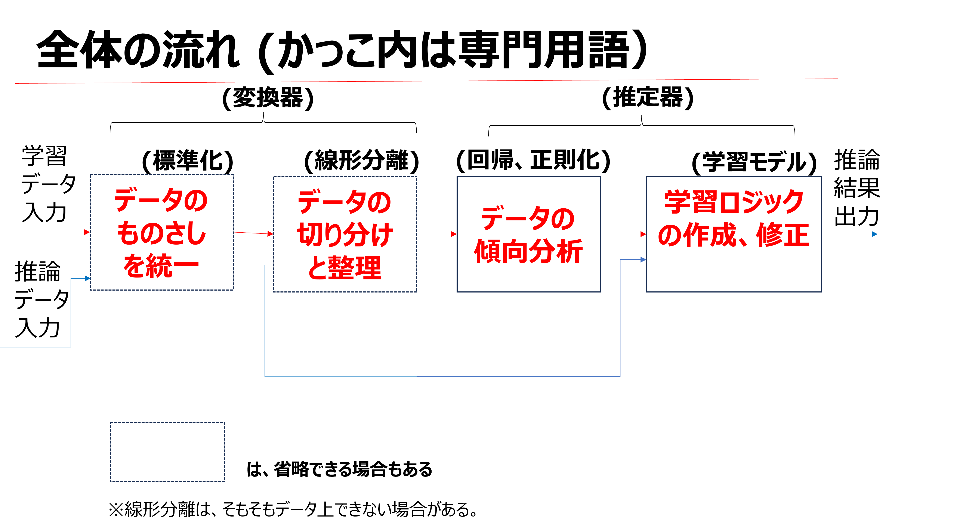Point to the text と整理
[x=345, y=268]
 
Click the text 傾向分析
[x=528, y=251]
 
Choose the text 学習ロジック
[x=734, y=202]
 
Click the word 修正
[x=783, y=235]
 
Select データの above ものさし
[x=161, y=200]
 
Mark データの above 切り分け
[x=345, y=202]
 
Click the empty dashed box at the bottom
[x=167, y=452]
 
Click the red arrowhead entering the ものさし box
[x=87, y=232]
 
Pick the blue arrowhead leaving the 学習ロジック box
[x=874, y=234]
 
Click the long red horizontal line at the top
[x=426, y=81]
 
